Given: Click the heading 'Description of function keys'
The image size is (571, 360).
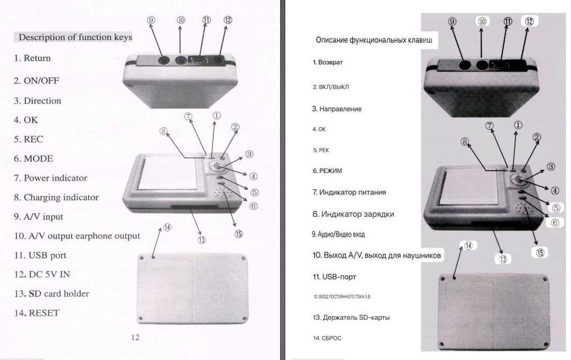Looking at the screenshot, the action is [x=75, y=37].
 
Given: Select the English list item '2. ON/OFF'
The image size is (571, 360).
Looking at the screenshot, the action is [x=37, y=81].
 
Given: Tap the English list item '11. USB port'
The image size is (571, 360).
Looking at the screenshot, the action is [x=41, y=255].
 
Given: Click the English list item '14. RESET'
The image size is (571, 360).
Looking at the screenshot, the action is [x=37, y=313].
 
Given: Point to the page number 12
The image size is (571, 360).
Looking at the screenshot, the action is [x=135, y=337].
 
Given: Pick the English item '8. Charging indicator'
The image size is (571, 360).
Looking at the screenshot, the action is [x=57, y=197].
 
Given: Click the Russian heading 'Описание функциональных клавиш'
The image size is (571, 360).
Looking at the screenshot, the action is [x=374, y=40].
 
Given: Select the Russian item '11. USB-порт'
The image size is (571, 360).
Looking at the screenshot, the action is [x=334, y=277].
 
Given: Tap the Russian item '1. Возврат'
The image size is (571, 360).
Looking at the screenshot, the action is [x=328, y=62].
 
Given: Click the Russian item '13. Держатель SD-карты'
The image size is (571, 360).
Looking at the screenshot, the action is [x=351, y=317].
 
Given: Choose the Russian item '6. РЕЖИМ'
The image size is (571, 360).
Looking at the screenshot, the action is [x=327, y=171].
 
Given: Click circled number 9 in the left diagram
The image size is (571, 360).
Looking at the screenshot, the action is [x=151, y=20].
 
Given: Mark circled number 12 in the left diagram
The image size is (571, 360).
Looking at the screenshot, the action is [x=228, y=19].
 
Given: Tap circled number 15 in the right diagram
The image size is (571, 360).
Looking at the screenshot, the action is [x=540, y=253].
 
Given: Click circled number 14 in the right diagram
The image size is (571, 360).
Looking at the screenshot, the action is [x=468, y=246].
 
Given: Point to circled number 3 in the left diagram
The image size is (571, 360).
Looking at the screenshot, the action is [x=249, y=154].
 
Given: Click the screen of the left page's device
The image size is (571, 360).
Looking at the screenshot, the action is [x=167, y=173].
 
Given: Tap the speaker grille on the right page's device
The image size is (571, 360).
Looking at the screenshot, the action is [x=524, y=209].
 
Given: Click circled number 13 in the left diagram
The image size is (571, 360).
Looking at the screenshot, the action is [x=202, y=240].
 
